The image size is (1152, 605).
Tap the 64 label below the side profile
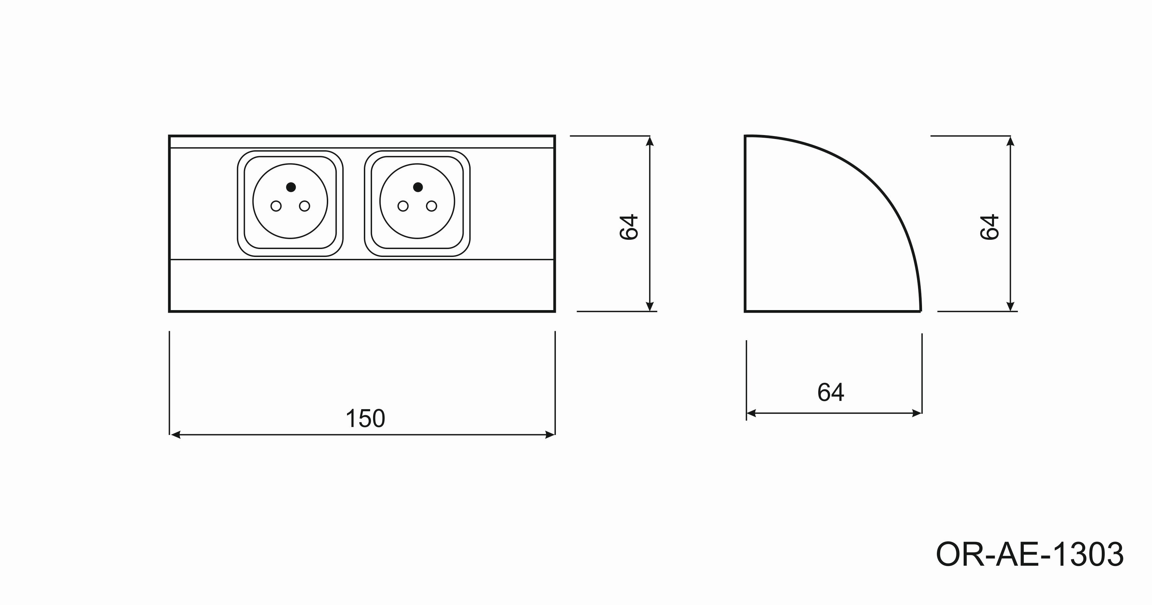[830, 392]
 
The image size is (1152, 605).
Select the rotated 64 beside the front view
[629, 227]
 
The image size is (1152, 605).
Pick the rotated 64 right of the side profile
[989, 227]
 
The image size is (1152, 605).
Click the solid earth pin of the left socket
[291, 187]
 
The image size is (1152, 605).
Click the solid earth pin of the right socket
[418, 187]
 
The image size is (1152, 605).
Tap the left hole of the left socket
[276, 206]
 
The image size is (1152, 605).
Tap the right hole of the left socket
[305, 206]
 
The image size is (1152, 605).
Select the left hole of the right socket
[403, 206]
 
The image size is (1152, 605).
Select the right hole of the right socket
[432, 206]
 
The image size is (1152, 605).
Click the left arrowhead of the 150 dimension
[175, 435]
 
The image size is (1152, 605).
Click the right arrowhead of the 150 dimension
[550, 435]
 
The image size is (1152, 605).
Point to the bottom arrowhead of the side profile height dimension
[1010, 306]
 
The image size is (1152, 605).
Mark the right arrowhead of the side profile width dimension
[917, 413]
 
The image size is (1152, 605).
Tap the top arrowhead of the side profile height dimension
[1010, 141]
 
